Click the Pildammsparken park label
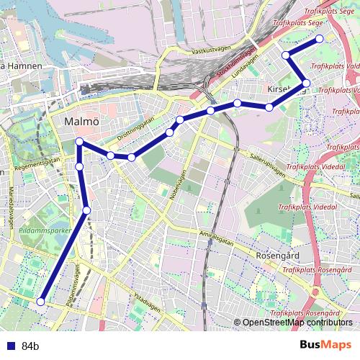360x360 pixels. coord(45,231)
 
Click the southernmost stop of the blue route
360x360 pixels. coord(41,302)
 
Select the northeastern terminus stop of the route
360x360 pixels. coord(320,39)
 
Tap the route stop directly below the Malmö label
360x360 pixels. coord(79,142)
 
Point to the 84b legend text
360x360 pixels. coord(30,346)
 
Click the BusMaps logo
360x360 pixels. coord(325,345)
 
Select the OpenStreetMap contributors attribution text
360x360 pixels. coord(297,323)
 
